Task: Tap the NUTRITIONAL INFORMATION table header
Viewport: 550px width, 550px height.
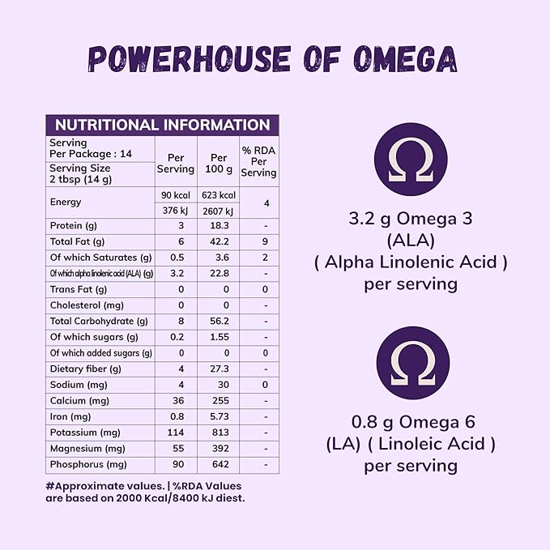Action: pos(162,126)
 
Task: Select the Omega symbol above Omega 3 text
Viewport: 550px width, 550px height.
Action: pos(411,160)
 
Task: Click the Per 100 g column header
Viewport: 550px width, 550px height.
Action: pos(219,163)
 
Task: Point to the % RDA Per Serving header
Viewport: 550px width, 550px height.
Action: pos(259,161)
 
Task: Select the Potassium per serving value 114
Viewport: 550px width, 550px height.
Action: pos(176,433)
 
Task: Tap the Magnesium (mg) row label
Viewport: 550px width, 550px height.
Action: pos(87,449)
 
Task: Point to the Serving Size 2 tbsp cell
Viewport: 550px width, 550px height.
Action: pos(81,173)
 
